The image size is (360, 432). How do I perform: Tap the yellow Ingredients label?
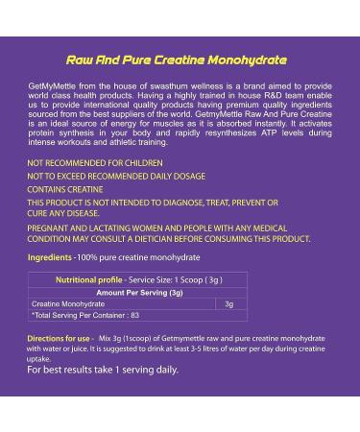click(49, 258)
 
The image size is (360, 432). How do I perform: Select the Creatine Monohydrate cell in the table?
click(70, 303)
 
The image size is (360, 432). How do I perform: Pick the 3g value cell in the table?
click(228, 303)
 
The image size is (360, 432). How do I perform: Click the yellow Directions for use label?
click(60, 339)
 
